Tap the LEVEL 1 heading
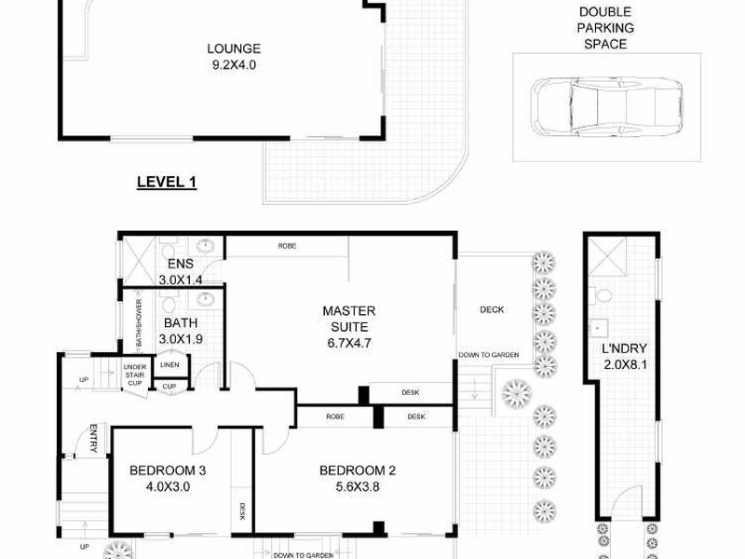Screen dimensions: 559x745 click(167, 183)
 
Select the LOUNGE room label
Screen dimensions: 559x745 click(233, 49)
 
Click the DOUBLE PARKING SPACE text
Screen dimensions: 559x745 click(604, 28)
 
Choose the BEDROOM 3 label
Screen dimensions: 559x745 click(168, 470)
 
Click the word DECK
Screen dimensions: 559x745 click(491, 310)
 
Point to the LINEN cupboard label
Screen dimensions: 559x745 click(170, 365)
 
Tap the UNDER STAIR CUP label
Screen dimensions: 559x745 click(135, 375)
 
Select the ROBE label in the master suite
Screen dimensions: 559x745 click(287, 247)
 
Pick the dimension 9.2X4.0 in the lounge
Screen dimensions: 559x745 click(233, 65)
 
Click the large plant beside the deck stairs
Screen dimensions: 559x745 click(514, 395)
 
